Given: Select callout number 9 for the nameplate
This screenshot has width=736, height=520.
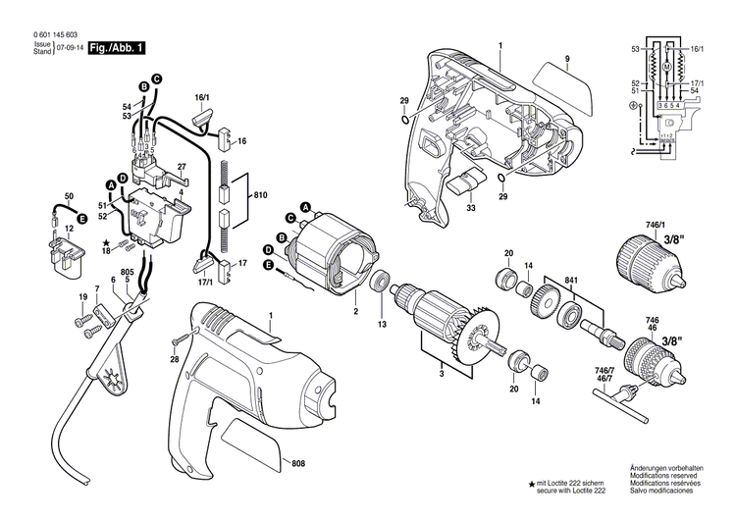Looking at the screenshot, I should coord(566,61).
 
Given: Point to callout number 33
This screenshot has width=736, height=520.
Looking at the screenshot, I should coord(472,208).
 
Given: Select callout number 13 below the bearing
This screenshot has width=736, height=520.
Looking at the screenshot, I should coord(382,324).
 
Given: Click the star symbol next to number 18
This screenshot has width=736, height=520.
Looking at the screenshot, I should coord(105,241).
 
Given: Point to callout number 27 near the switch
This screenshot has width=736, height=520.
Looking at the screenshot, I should coord(182,166).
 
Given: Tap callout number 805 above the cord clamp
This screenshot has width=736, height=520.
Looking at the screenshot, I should coord(128,272).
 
